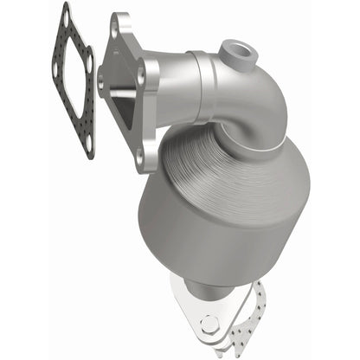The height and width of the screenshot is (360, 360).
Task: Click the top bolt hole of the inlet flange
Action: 115,28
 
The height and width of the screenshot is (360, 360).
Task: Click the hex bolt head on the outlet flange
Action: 210,325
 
